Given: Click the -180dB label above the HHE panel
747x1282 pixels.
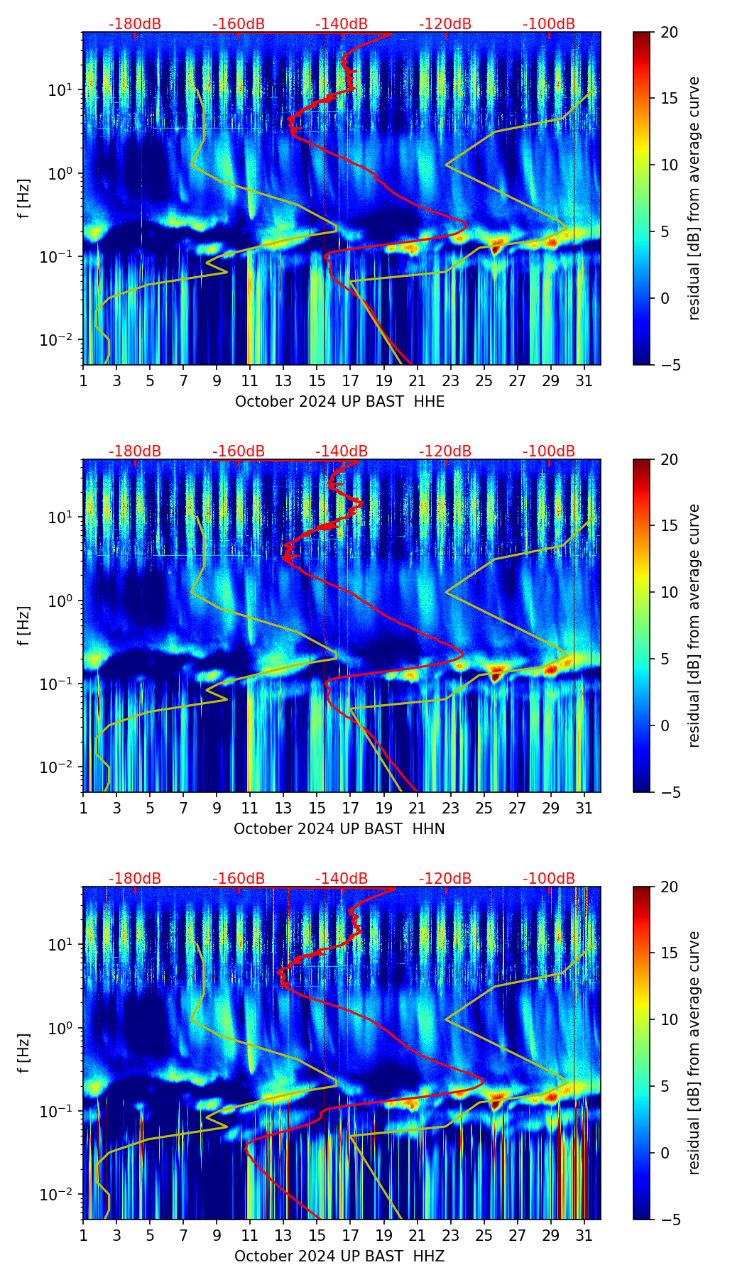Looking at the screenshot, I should coord(135,24).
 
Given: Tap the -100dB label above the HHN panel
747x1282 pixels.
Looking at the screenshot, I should coord(549,451).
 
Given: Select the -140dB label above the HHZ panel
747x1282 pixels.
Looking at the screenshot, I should coord(342,879).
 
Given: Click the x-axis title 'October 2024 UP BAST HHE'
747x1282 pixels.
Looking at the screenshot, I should coord(339,402).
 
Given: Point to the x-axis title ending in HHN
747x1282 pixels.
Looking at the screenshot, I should coord(339,829).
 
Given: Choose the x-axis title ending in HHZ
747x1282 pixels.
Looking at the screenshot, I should coord(339,1256).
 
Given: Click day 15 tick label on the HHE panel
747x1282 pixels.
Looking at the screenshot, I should coord(317,380).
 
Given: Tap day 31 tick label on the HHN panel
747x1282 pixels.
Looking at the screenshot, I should coord(584,808).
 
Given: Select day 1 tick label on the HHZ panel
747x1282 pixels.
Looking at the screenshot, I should coord(84,1235).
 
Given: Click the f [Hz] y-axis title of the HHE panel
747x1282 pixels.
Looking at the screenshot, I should coord(24,199).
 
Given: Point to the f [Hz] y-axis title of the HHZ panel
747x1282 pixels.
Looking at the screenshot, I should coord(24,1053).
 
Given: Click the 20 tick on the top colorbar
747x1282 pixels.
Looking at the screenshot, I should coord(670,33).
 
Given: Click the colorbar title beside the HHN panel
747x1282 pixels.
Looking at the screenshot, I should coord(694,625).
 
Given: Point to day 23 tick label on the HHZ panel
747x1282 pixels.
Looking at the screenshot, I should coord(450,1235).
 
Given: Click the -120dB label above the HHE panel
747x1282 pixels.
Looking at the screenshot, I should coord(445,24).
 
